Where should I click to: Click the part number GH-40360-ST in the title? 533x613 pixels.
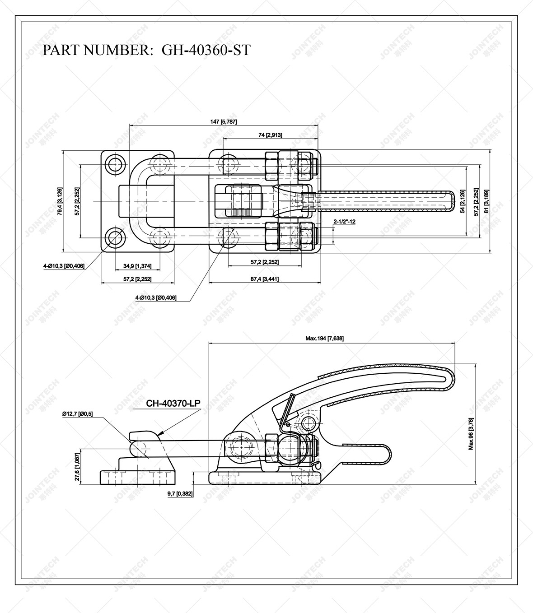point(206,50)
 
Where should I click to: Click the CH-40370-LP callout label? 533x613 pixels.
point(173,403)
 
